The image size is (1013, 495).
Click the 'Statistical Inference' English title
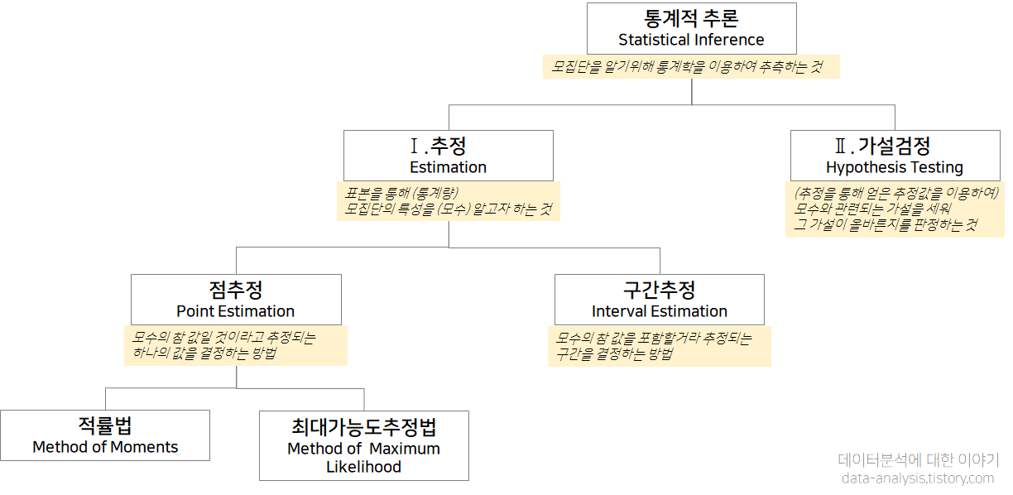point(691,40)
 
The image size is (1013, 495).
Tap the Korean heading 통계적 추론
point(691,18)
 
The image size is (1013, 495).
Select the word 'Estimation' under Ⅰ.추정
point(448,167)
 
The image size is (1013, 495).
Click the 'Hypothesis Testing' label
point(895,167)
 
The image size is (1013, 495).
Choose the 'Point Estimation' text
point(235,311)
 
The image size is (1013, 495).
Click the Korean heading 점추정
point(236,290)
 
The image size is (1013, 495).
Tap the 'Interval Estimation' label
point(660,311)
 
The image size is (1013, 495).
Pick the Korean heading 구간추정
point(660,290)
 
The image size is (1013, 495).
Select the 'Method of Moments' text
point(105,447)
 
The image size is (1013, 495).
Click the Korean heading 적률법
point(105,425)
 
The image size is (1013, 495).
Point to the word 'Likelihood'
point(363,467)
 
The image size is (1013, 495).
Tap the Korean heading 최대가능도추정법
point(363,427)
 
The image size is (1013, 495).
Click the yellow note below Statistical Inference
point(691,66)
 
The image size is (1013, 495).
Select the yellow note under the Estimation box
point(450,201)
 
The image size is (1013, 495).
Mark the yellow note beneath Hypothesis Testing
point(894,209)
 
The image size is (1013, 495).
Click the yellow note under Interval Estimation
point(660,345)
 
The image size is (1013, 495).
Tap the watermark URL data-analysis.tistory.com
point(917,478)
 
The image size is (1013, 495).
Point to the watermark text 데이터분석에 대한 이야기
point(918,460)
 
